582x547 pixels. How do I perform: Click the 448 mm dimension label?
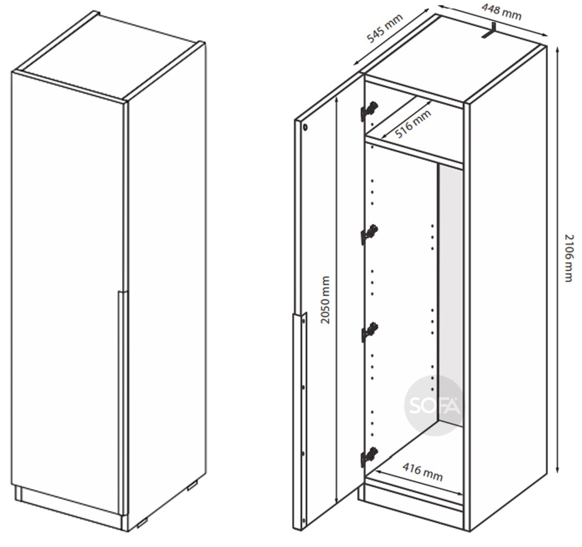pyautogui.click(x=501, y=12)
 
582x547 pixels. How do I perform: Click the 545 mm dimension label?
pyautogui.click(x=385, y=28)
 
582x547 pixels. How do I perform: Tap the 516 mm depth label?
pyautogui.click(x=413, y=124)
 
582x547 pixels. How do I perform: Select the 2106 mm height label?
pyautogui.click(x=568, y=257)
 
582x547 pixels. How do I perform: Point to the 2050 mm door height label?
pyautogui.click(x=325, y=299)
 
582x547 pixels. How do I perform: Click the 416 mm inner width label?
pyautogui.click(x=422, y=472)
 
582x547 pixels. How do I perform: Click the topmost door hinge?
pyautogui.click(x=369, y=110)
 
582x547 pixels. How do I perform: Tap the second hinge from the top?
pyautogui.click(x=369, y=234)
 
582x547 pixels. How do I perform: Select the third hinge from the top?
pyautogui.click(x=369, y=332)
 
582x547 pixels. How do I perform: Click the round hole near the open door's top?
pyautogui.click(x=306, y=127)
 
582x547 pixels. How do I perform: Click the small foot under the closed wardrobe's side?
pyautogui.click(x=193, y=486)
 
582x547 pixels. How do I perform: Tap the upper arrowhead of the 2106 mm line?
pyautogui.click(x=558, y=50)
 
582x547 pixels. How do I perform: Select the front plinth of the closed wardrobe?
pyautogui.click(x=69, y=507)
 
